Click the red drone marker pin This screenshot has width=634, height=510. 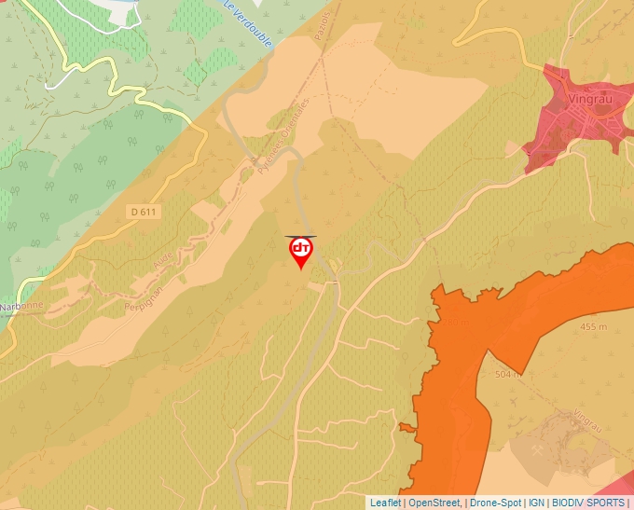[300, 251]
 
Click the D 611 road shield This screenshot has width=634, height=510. [144, 212]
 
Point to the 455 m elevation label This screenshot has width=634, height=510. [593, 326]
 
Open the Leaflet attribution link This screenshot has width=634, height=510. [385, 503]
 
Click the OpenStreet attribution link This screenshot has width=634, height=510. [434, 503]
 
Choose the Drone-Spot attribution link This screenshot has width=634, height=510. [495, 503]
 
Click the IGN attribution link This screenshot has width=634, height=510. [536, 503]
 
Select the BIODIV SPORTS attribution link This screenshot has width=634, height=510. [587, 503]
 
